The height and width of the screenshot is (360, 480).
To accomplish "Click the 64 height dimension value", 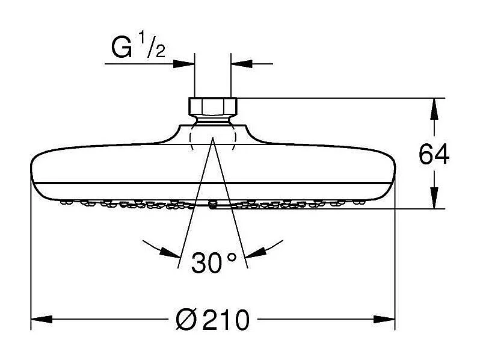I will pos(434,155).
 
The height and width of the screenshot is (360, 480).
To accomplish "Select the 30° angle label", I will pos(214,262).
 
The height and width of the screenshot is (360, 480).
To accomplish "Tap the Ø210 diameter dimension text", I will pos(212,320).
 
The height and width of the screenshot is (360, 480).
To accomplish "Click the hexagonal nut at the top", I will pos(213,107).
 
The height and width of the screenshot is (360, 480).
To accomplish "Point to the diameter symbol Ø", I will pos(186,320).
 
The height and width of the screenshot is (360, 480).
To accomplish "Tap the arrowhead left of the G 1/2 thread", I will pos(185,62).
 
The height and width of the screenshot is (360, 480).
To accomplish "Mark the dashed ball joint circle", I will pos(213,137).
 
